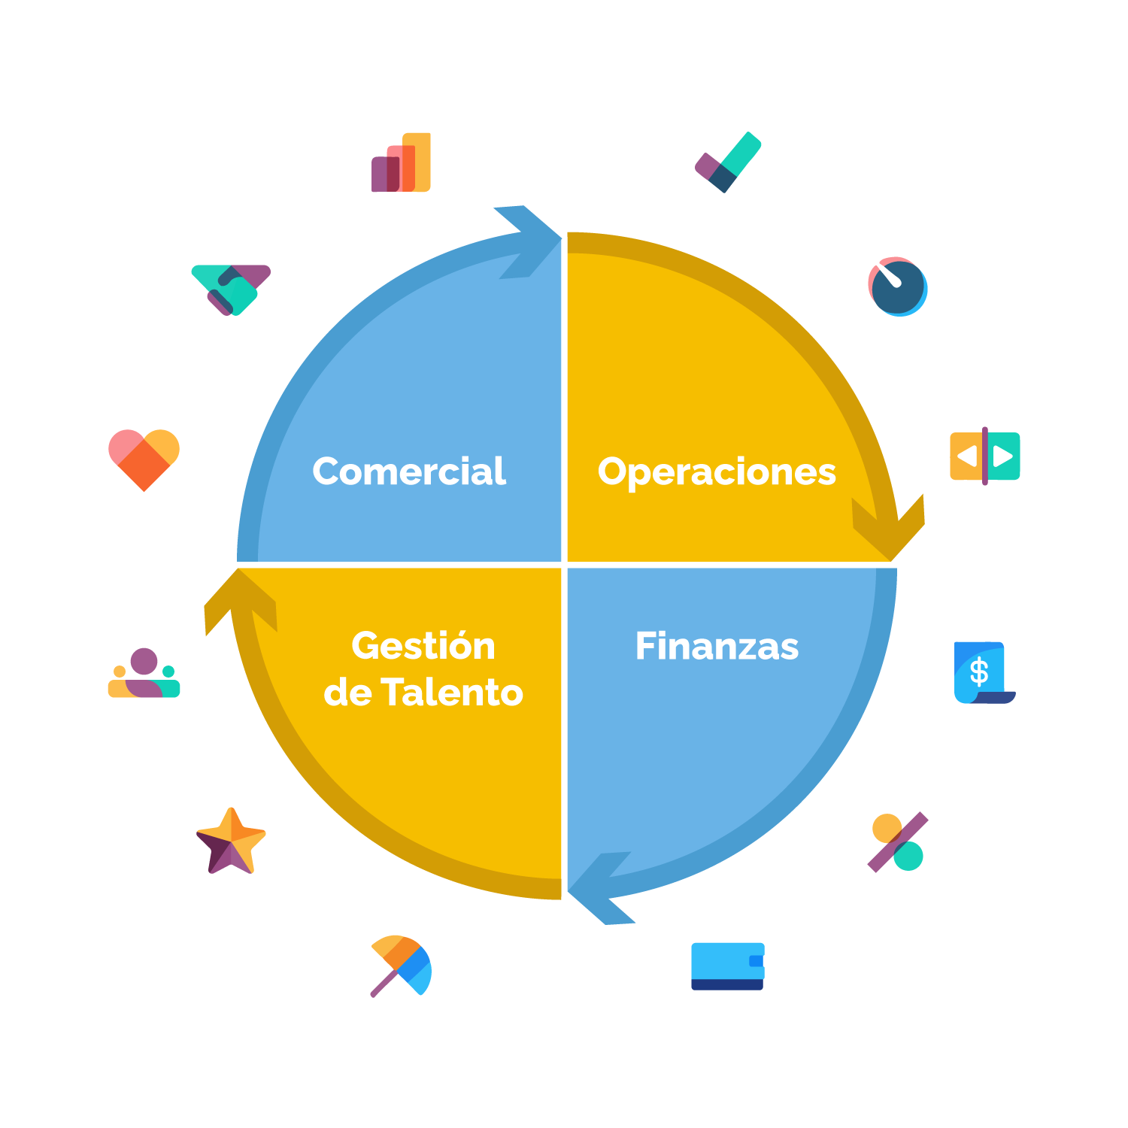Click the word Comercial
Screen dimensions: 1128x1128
point(409,472)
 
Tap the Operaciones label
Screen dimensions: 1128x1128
point(717,472)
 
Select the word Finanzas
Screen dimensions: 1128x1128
point(717,646)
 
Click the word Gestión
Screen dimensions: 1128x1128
point(423,646)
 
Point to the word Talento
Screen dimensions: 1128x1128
point(452,693)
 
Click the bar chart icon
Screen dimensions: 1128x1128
point(401,162)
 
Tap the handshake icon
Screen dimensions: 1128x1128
point(231,287)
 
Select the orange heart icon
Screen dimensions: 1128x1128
point(144,456)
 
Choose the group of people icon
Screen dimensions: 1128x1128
point(144,672)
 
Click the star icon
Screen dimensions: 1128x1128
point(231,841)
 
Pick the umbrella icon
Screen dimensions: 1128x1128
point(401,966)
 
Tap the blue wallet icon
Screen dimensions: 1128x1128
point(728,966)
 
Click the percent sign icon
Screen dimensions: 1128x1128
point(898,841)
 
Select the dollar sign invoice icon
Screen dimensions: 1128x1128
point(984,672)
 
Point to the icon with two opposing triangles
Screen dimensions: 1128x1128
point(984,456)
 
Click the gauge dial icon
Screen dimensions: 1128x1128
point(898,287)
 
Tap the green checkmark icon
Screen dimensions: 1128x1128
point(728,162)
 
